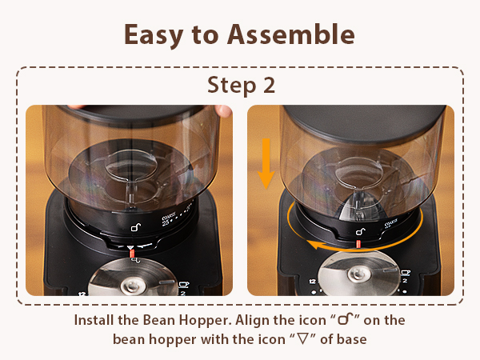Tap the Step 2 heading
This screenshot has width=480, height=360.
coord(240,85)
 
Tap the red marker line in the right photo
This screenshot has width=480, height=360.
coord(358,242)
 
